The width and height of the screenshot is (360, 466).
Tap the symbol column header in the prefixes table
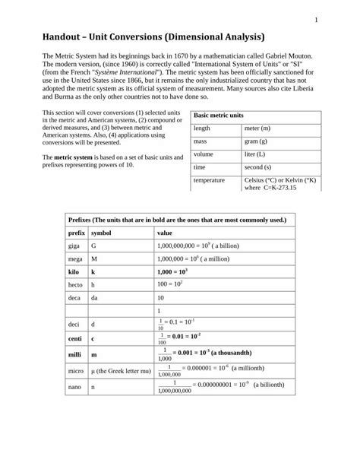pyautogui.click(x=102, y=233)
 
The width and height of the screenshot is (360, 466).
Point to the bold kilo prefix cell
pyautogui.click(x=74, y=271)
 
